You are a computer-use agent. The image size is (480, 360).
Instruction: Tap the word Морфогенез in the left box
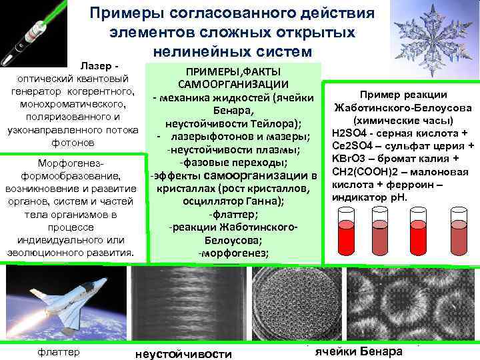pyautogui.click(x=71, y=164)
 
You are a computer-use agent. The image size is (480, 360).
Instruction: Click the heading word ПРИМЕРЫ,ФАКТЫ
pyautogui.click(x=233, y=71)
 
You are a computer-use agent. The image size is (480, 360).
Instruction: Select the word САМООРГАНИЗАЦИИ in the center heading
pyautogui.click(x=233, y=85)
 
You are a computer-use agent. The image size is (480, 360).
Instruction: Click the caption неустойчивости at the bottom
pyautogui.click(x=183, y=353)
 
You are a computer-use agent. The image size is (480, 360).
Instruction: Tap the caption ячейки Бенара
pyautogui.click(x=359, y=351)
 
